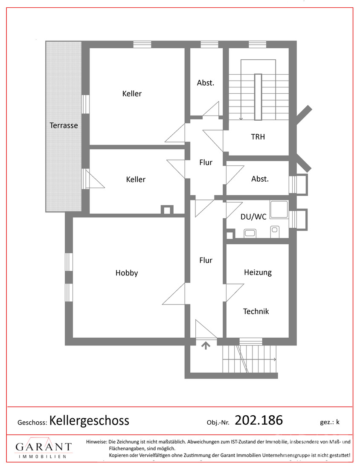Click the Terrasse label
[64, 125]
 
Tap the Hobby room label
[127, 273]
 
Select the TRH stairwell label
[258, 137]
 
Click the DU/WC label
[253, 217]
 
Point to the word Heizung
[258, 272]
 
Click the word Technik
[256, 311]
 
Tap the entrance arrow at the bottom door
[206, 345]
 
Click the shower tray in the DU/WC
[279, 209]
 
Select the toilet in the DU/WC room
[275, 232]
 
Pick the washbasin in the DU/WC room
[250, 233]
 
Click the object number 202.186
[259, 420]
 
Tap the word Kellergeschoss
[89, 421]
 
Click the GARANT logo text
[44, 447]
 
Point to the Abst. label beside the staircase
[206, 83]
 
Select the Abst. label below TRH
[260, 179]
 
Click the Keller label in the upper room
[132, 94]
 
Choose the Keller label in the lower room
[136, 179]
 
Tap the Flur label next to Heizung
[206, 260]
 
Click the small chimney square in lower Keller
[167, 210]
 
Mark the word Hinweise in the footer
[96, 441]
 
